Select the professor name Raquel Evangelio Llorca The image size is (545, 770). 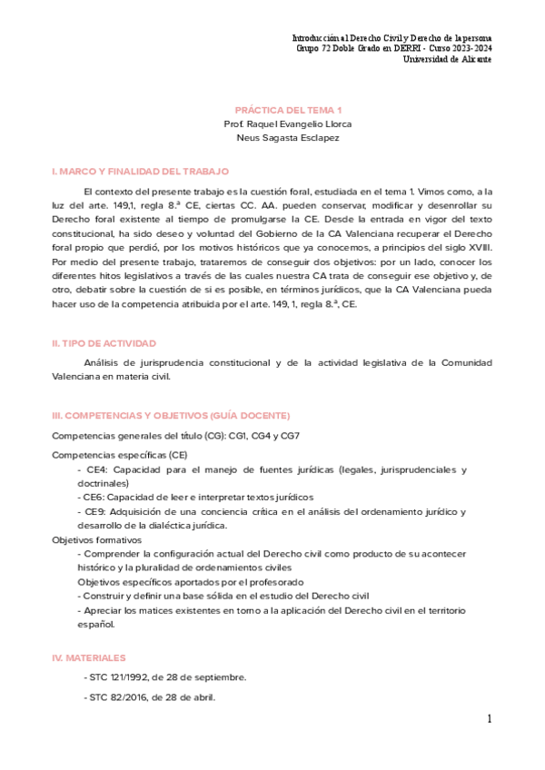coord(290,123)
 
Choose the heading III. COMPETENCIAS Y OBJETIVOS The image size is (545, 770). coord(171,415)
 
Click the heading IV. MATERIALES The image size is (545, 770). coord(89,656)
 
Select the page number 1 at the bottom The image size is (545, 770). coord(488,719)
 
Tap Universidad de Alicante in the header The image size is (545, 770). coord(449,59)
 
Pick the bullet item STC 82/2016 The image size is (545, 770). coord(150,697)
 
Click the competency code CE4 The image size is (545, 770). coord(95,469)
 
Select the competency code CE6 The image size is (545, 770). coord(95,498)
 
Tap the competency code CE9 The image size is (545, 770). coord(95,512)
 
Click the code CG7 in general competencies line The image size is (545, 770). coord(289,436)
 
